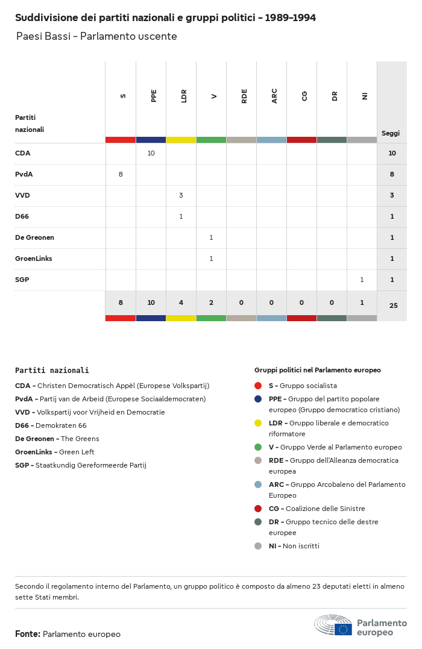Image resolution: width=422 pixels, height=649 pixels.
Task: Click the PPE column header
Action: point(154,96)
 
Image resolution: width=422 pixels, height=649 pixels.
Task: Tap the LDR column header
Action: point(184,96)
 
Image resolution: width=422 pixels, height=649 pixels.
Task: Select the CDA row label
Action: point(23,153)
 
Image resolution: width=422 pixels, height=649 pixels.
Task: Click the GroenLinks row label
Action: point(34,259)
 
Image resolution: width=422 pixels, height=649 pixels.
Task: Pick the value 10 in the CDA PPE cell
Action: point(151,153)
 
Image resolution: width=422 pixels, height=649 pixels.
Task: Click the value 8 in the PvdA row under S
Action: point(121,174)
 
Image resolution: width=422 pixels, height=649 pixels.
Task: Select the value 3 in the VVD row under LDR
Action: point(181,195)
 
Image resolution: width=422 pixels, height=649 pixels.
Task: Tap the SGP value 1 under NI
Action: point(362,280)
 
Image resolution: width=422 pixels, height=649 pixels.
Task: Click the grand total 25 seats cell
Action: point(393,306)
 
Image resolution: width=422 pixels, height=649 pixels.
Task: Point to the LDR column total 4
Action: point(181,303)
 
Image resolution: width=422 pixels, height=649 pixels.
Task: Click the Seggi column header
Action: point(391,133)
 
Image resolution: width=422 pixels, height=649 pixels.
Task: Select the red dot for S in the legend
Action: point(258,386)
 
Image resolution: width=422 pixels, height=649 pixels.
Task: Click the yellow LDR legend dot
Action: point(258,423)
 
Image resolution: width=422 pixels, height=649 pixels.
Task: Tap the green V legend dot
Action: point(258,447)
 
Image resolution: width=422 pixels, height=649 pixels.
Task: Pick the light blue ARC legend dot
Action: point(258,484)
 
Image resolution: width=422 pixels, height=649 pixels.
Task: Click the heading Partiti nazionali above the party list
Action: point(52,371)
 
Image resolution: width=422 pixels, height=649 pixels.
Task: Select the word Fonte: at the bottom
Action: point(28,634)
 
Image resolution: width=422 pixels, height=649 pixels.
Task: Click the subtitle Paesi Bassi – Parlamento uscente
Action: point(96,36)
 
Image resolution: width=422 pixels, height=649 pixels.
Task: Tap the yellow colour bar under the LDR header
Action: point(181,140)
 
